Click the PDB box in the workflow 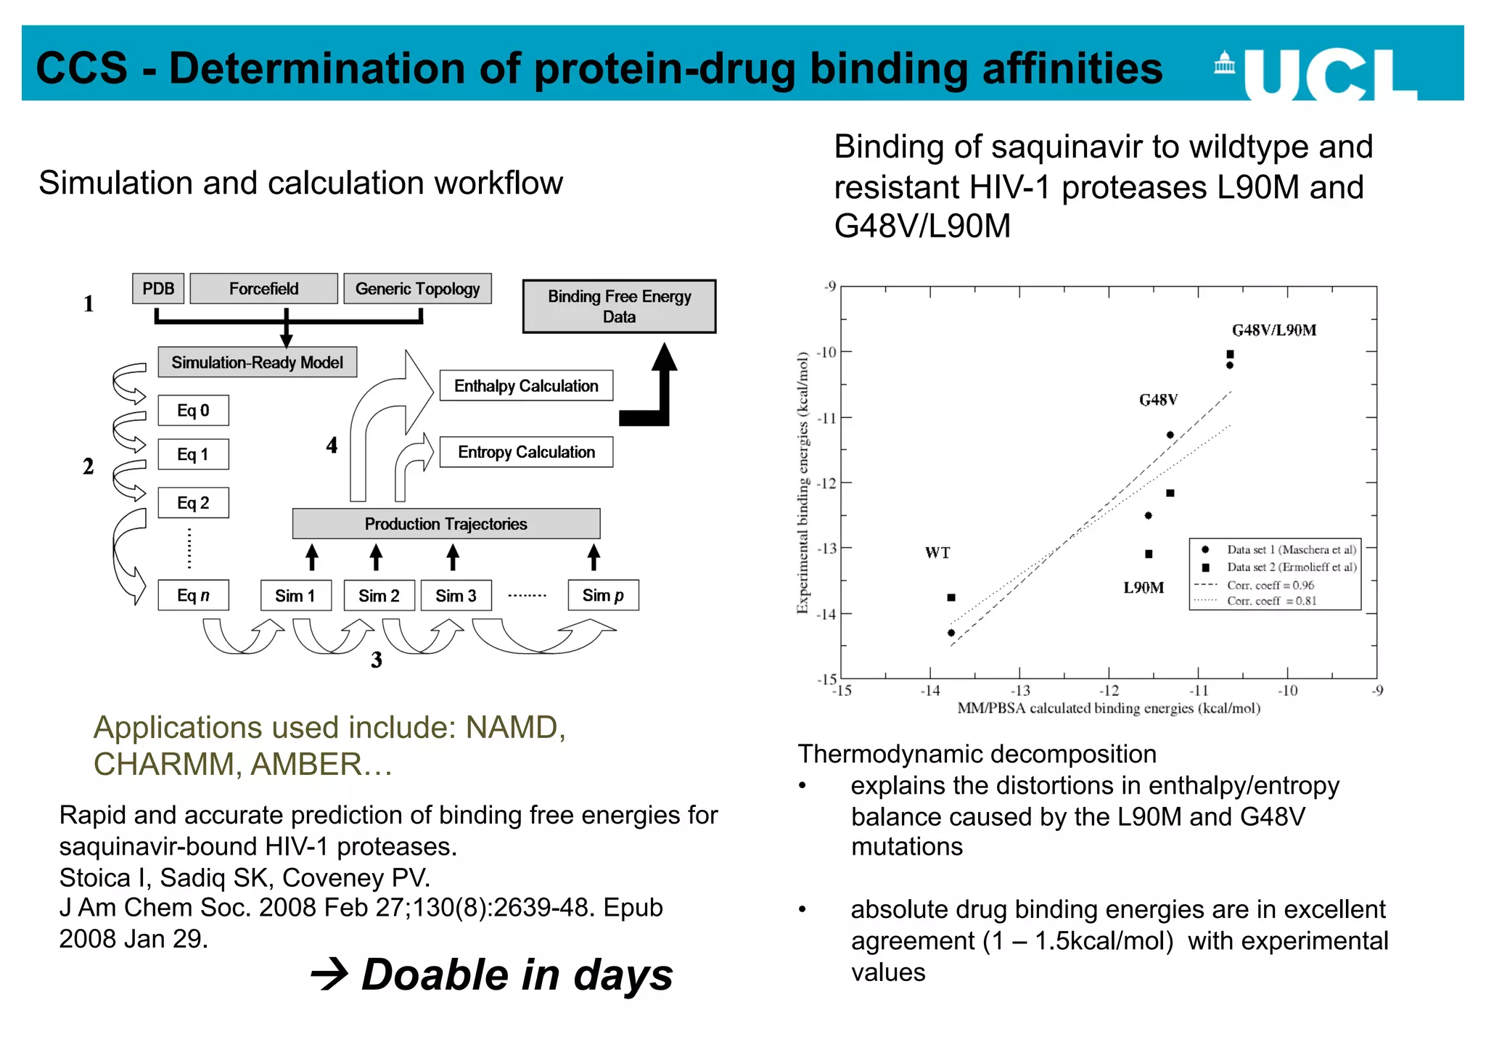click(158, 289)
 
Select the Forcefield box click(263, 289)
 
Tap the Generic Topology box click(417, 289)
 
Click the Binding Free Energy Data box click(619, 306)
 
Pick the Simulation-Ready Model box click(257, 362)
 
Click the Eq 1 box click(193, 454)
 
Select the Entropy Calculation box click(526, 452)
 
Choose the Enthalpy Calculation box click(526, 386)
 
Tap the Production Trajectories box click(446, 524)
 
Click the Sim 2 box click(379, 596)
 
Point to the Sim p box click(603, 596)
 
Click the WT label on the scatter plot click(937, 553)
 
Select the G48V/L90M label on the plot click(1274, 331)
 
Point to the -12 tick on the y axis click(826, 483)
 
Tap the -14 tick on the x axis click(930, 691)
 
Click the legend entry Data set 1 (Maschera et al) click(1291, 550)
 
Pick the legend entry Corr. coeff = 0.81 click(1271, 601)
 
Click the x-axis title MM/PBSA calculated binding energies click(1109, 708)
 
